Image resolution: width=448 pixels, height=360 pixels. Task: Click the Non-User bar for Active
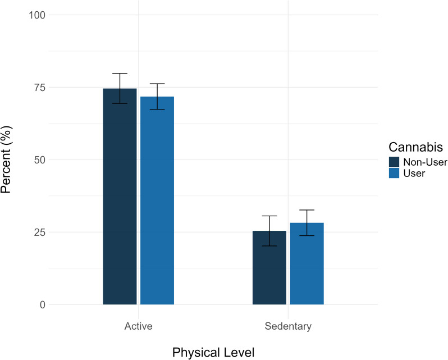(x=120, y=197)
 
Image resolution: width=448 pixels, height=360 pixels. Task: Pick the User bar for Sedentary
(x=307, y=263)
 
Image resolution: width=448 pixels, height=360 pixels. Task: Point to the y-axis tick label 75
(x=40, y=87)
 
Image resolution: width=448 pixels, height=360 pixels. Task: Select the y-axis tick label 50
(x=40, y=160)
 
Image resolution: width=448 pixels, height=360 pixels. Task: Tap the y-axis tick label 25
(x=40, y=232)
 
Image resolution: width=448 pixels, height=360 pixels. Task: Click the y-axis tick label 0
(x=43, y=304)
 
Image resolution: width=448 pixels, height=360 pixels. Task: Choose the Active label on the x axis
(x=138, y=326)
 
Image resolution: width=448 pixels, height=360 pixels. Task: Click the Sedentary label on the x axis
(x=288, y=326)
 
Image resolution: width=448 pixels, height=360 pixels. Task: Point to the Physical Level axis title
(x=213, y=352)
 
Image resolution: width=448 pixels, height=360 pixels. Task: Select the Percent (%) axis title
(x=8, y=160)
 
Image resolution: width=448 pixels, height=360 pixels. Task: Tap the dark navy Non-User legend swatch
(x=394, y=162)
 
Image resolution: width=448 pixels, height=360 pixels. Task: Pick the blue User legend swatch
(x=394, y=174)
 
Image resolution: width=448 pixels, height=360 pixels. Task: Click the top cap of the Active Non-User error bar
(x=120, y=74)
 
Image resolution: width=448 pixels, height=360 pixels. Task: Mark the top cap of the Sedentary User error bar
(x=307, y=210)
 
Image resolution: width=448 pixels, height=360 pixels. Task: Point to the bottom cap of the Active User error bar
(x=157, y=110)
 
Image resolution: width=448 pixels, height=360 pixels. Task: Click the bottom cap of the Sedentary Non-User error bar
(x=269, y=246)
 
